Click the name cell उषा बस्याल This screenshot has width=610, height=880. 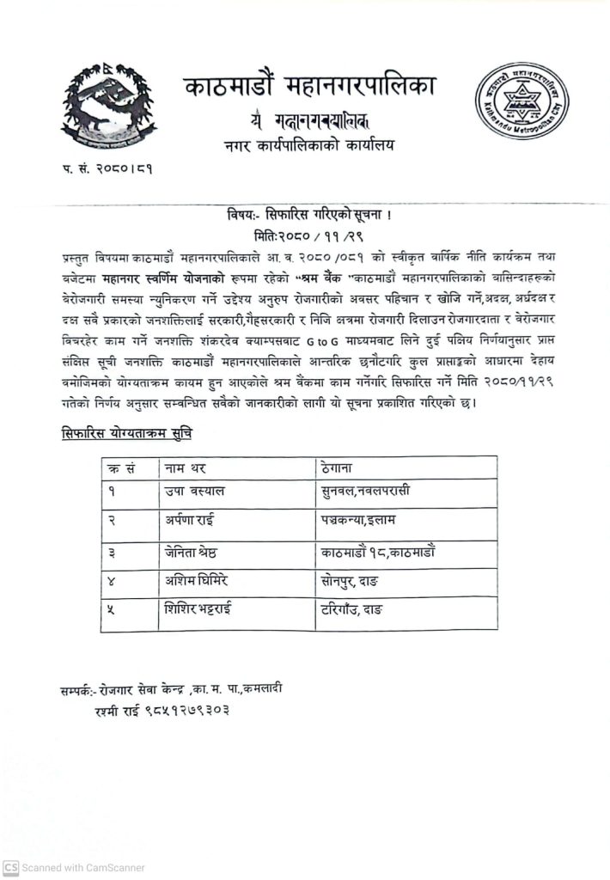coord(195,492)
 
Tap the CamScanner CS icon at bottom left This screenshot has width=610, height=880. coord(10,868)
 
